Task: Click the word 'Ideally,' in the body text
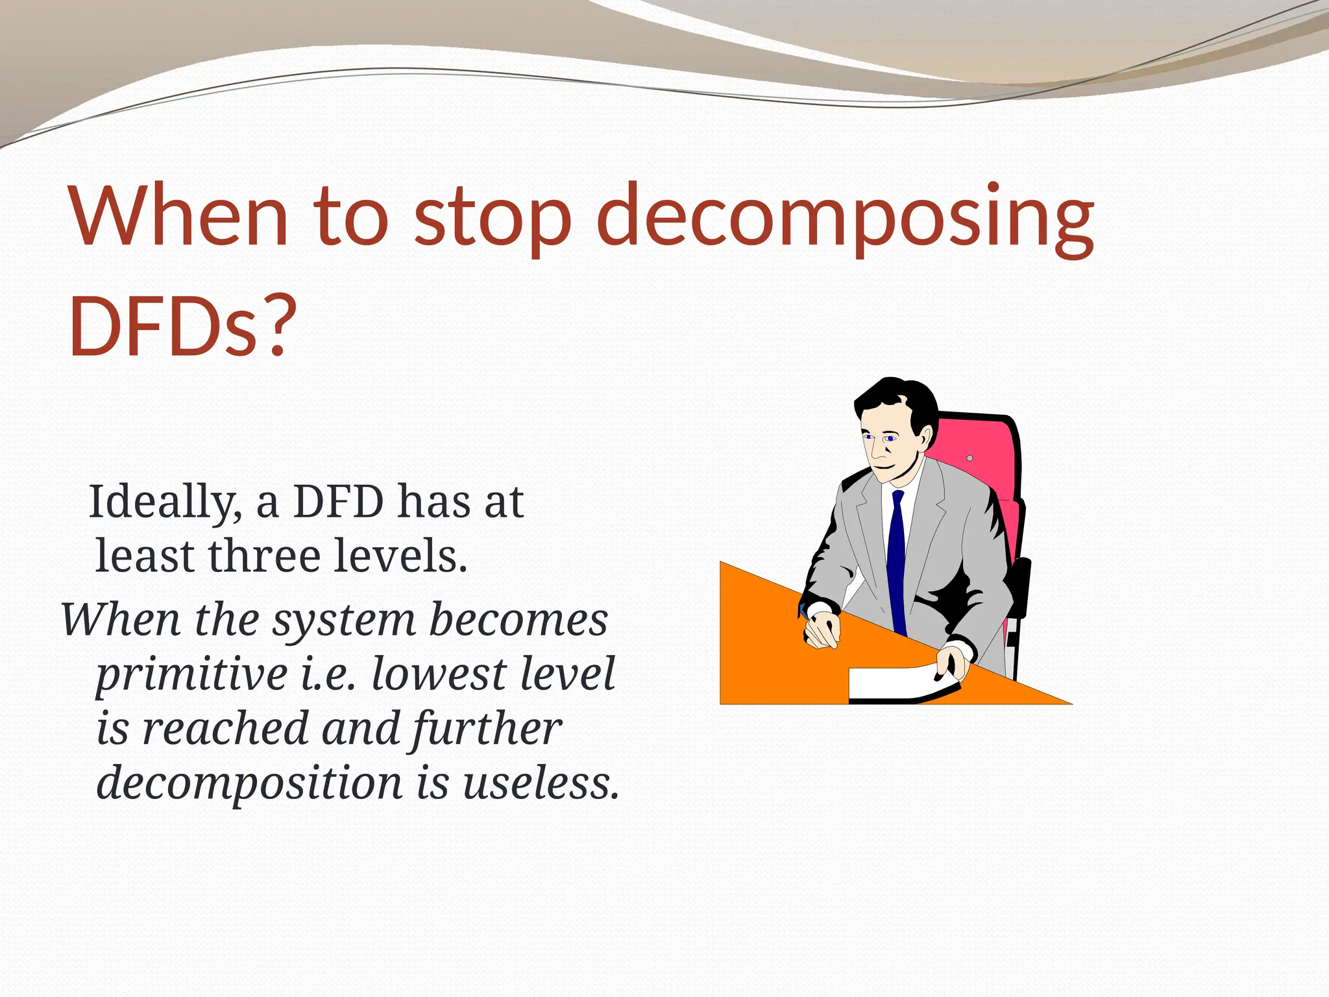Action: tap(165, 503)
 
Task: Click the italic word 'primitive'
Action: tap(192, 675)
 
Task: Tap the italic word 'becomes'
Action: tap(518, 620)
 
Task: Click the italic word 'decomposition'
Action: tap(249, 783)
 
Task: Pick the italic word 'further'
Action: tap(487, 730)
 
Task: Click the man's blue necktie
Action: tap(897, 558)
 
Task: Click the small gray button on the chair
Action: tap(969, 458)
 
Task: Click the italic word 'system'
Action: tap(344, 620)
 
